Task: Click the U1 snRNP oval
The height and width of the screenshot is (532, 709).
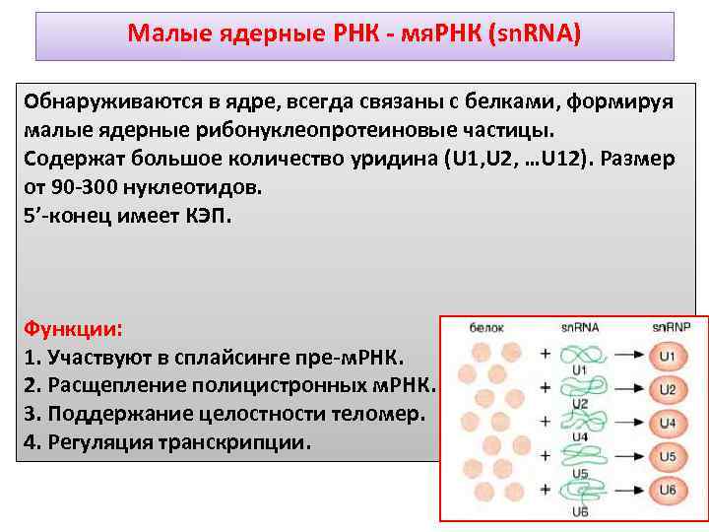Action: [x=667, y=355]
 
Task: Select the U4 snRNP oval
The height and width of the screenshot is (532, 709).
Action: [x=667, y=424]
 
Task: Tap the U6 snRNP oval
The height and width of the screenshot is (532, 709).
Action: [x=667, y=491]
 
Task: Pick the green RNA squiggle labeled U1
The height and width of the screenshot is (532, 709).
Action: [x=579, y=354]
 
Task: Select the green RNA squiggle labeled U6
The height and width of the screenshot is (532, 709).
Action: [x=579, y=491]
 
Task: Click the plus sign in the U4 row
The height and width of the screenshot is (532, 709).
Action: [x=545, y=424]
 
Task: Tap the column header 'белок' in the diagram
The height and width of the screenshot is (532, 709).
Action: [x=487, y=327]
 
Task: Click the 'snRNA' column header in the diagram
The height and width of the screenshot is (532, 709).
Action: [x=580, y=327]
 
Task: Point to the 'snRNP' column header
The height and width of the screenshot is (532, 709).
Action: [x=670, y=327]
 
